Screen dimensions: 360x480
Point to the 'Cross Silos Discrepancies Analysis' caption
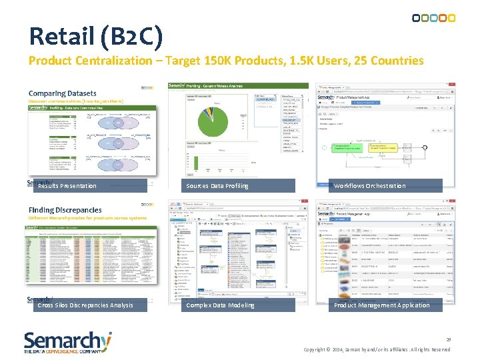(85, 305)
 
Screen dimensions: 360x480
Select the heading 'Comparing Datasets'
(62, 93)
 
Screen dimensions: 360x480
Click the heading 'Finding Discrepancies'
(65, 210)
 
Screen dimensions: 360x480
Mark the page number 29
(449, 339)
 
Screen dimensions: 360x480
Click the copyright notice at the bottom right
(377, 349)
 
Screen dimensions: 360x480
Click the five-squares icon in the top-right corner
(433, 18)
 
